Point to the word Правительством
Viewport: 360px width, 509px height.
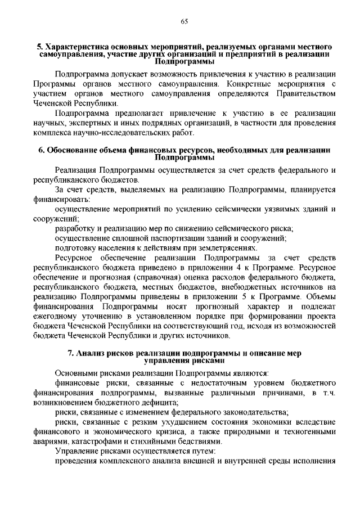pos(306,94)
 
